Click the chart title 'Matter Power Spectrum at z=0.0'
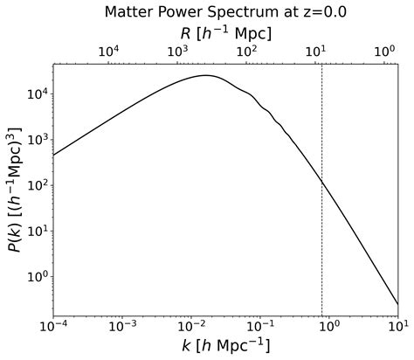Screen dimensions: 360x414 tap(225, 12)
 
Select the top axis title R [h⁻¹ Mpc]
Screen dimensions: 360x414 tap(225, 33)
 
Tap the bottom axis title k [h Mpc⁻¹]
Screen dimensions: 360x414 tap(225, 346)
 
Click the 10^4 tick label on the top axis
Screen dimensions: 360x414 tap(108, 52)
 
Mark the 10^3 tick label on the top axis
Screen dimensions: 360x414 tap(177, 52)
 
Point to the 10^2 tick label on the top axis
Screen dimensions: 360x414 tap(246, 52)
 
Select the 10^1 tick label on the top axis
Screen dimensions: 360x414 tap(315, 52)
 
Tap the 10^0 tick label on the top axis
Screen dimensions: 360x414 tap(384, 52)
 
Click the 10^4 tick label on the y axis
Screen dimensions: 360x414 tap(35, 94)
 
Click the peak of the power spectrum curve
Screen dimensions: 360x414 tap(206, 75)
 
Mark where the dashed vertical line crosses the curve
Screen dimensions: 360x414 tap(322, 182)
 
